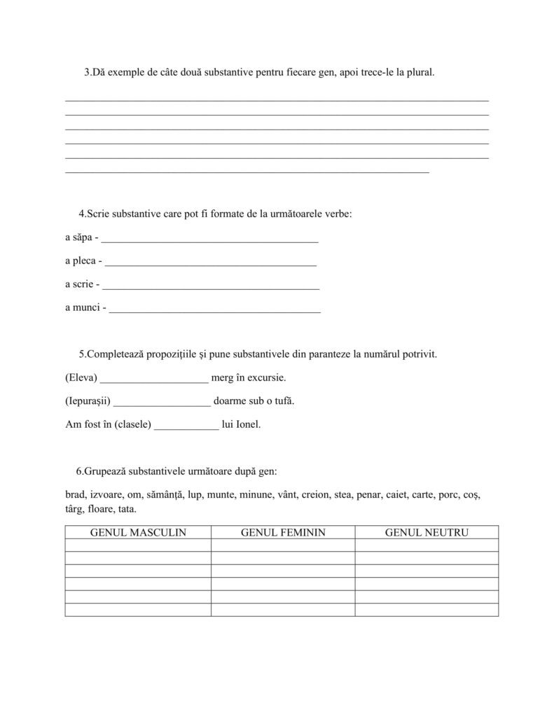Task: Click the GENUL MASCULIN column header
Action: click(138, 532)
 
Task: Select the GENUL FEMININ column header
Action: click(283, 532)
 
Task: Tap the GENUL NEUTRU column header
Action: click(427, 532)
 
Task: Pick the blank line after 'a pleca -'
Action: click(212, 263)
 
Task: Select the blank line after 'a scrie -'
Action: click(211, 286)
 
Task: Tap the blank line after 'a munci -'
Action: click(215, 309)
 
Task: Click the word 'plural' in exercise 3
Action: click(420, 72)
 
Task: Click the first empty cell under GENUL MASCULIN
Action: click(138, 545)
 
